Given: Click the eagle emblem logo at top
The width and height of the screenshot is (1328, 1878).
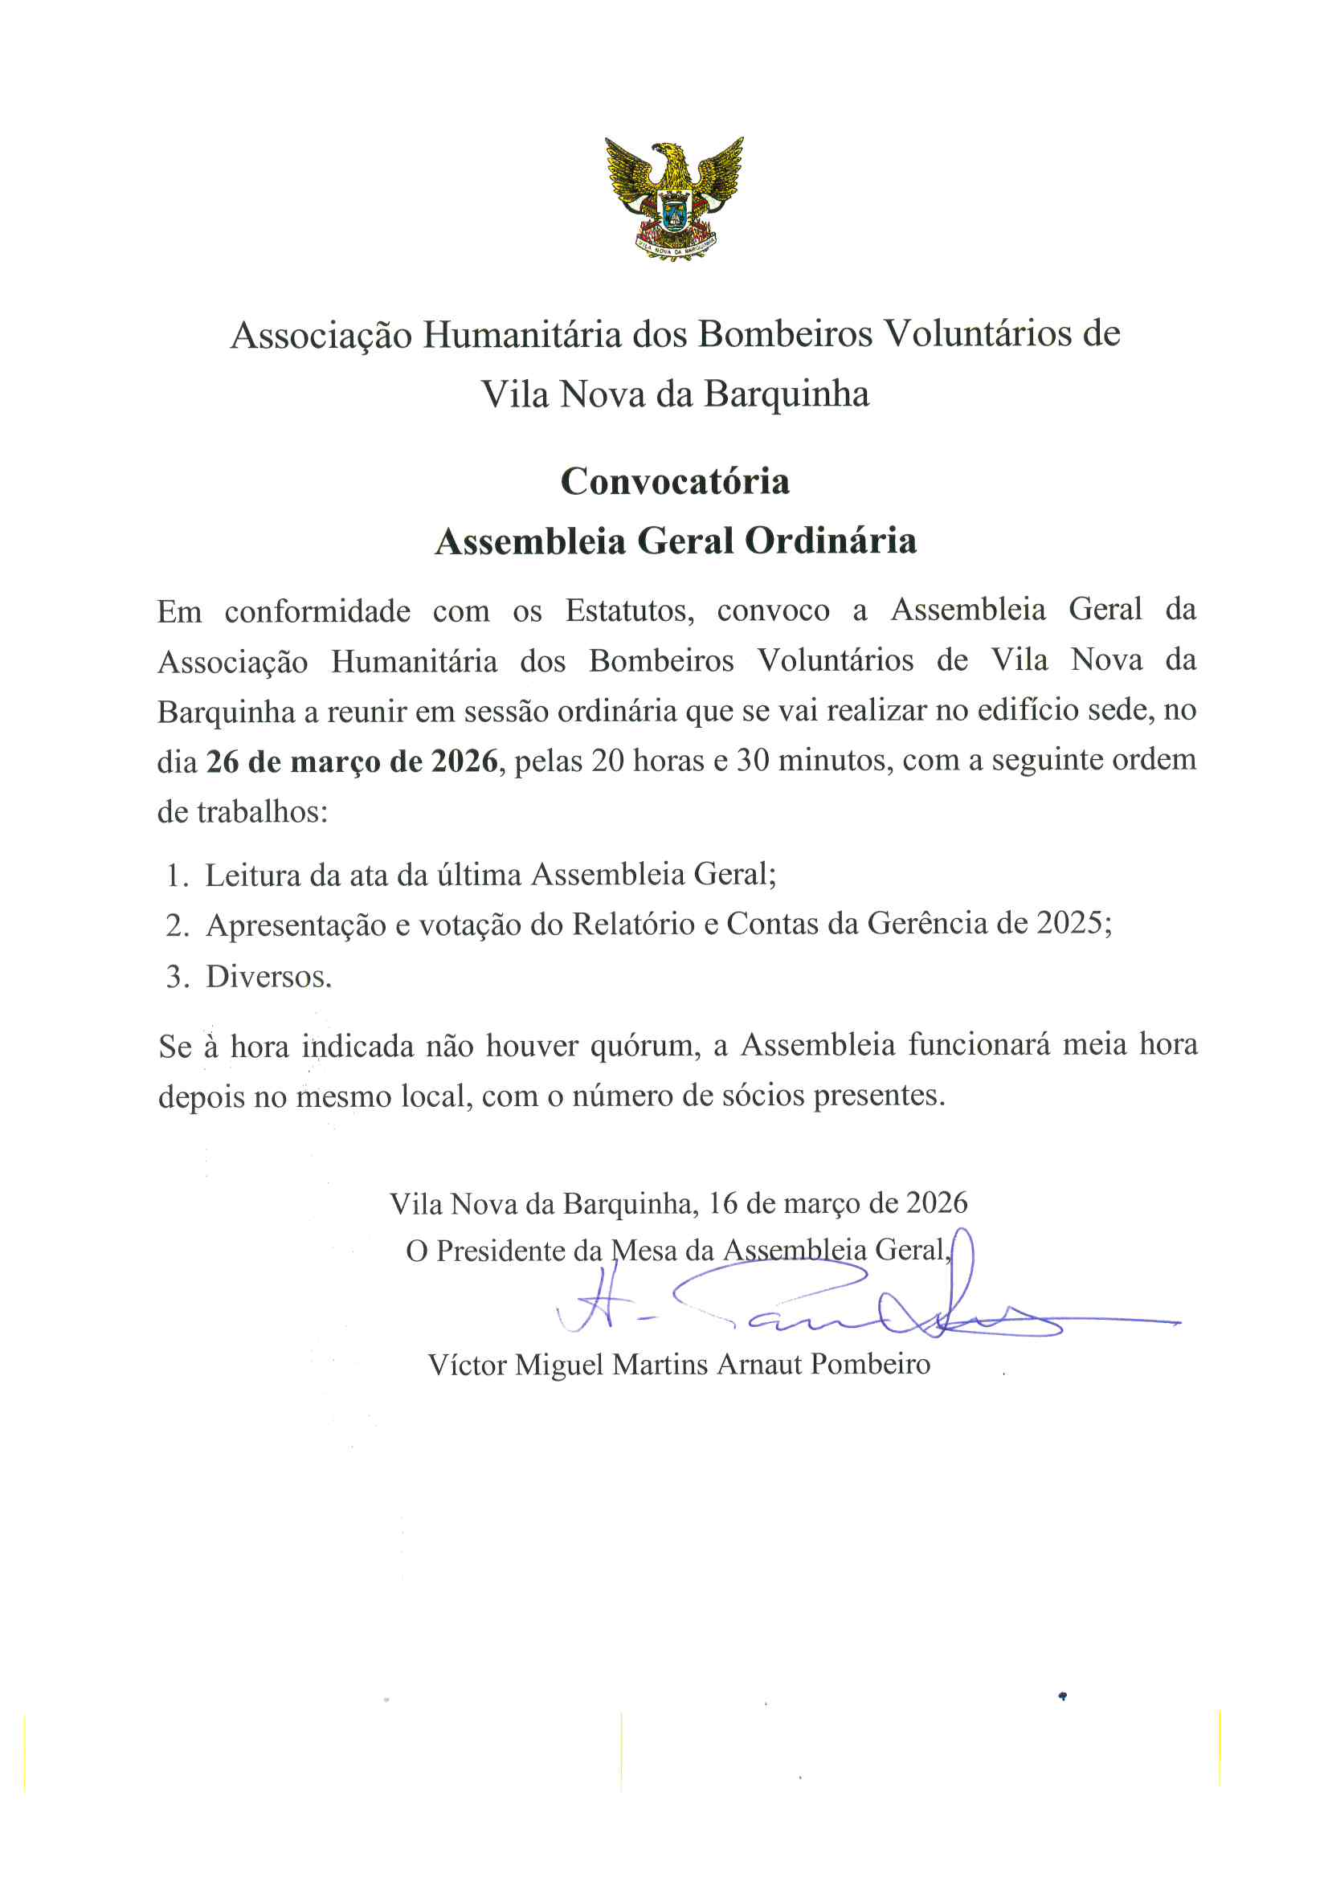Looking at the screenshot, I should click(x=674, y=198).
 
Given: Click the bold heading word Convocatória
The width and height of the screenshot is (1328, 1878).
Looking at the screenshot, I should click(x=675, y=482).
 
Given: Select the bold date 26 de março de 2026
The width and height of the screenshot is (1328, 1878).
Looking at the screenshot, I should click(x=352, y=761).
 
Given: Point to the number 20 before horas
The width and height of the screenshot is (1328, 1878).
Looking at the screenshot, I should click(x=608, y=761).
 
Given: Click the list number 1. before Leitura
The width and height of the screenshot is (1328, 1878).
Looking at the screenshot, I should click(x=177, y=876).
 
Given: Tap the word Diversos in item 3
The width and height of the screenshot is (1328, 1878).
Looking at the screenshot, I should click(x=268, y=977).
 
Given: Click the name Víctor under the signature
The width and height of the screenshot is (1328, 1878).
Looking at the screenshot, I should click(x=467, y=1365).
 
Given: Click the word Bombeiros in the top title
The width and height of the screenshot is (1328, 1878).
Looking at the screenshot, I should click(x=785, y=333).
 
